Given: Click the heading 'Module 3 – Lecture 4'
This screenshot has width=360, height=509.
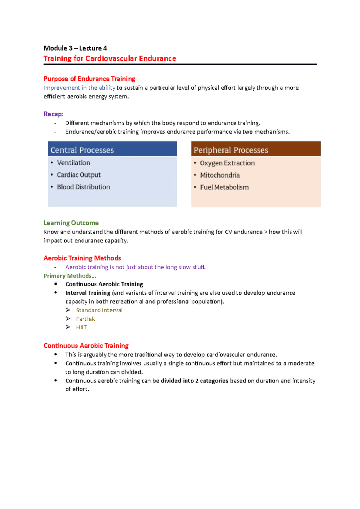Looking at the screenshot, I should click(x=75, y=48).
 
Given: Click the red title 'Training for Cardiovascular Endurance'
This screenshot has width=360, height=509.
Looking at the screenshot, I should click(x=110, y=58).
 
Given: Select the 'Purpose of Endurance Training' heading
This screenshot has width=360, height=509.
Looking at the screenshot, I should click(x=89, y=79).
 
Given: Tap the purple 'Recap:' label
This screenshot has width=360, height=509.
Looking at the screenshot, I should click(x=53, y=114).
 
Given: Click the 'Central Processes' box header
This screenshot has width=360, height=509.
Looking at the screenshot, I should click(x=82, y=150).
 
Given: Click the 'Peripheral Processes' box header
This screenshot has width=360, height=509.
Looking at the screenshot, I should click(x=231, y=150).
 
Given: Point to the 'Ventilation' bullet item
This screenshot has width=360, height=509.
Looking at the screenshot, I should click(x=73, y=163).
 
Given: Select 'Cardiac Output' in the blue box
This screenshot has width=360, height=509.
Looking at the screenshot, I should click(x=79, y=175).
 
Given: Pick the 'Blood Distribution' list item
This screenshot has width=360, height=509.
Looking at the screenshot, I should click(x=83, y=187).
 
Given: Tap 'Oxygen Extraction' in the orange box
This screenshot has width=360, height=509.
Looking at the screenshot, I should click(x=227, y=163).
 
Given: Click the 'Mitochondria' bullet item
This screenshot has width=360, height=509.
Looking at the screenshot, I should click(x=220, y=175).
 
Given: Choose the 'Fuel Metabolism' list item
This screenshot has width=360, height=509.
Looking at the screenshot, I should click(x=224, y=187).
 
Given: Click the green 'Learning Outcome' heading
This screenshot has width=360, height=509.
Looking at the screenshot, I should click(x=71, y=223).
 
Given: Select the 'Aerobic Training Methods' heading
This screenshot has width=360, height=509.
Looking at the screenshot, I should click(x=82, y=258).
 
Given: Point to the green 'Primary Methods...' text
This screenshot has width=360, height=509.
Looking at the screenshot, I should click(x=70, y=276).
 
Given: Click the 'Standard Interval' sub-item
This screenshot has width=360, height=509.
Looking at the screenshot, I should click(x=99, y=310).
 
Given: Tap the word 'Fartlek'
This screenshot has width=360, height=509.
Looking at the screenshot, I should click(x=85, y=319).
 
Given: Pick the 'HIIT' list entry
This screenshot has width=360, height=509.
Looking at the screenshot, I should click(x=81, y=327).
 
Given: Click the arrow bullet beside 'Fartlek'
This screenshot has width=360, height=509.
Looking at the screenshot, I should click(x=68, y=319).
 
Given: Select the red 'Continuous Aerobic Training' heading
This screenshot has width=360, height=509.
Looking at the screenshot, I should click(x=86, y=346).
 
